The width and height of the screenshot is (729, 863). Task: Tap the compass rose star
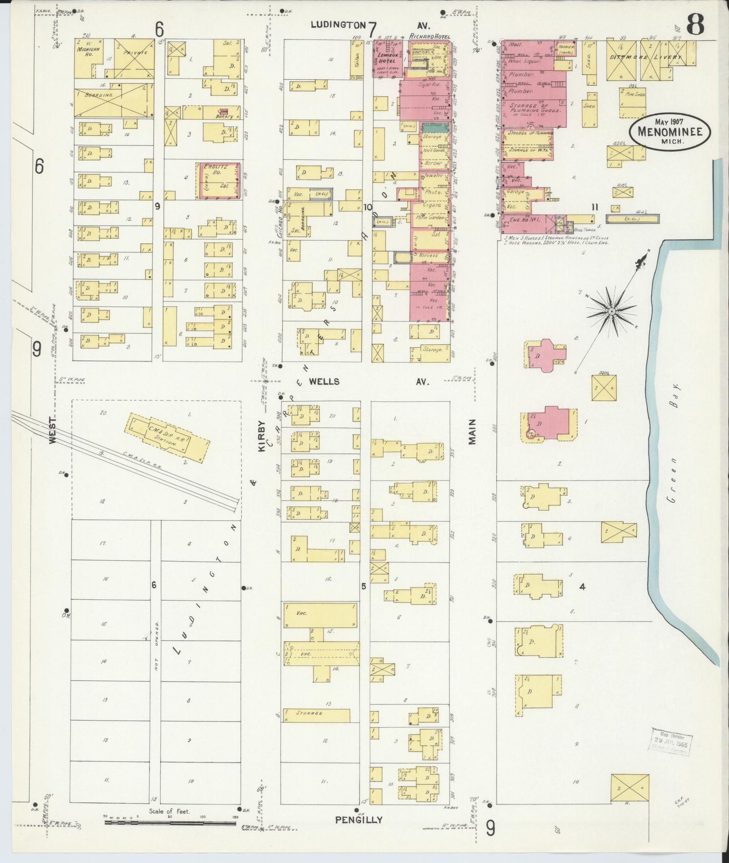(611, 311)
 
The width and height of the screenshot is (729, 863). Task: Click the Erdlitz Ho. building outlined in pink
(219, 180)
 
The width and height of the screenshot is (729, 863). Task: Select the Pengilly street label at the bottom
(358, 820)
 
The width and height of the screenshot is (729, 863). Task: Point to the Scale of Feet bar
(170, 823)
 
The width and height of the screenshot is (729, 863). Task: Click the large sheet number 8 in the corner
(695, 25)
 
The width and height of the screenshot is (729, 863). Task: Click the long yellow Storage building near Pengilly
(316, 715)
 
